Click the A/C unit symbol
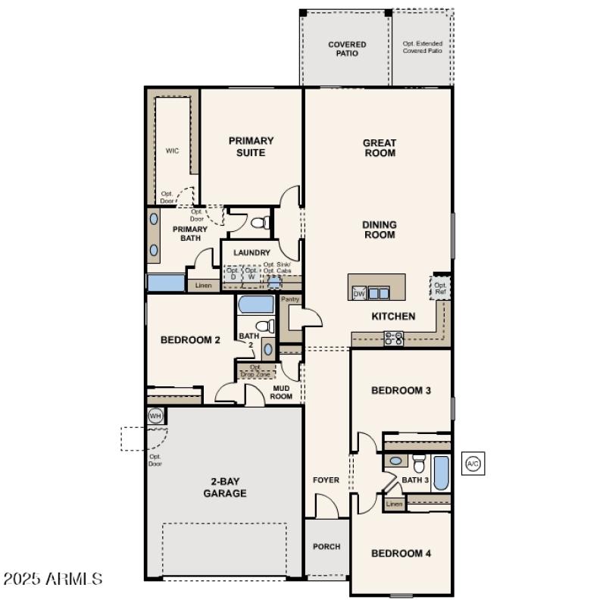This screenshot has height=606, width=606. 473,463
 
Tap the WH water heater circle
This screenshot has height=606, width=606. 155,416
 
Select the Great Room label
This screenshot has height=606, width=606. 380,148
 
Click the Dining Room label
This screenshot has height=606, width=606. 380,230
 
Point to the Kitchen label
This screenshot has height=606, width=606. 393,316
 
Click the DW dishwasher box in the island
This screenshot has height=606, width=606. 359,293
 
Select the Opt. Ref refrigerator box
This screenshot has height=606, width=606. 440,289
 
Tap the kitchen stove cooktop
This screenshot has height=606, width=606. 393,339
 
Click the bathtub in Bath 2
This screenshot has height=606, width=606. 256,306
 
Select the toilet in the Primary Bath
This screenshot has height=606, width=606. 261,223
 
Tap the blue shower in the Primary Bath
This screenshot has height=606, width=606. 166,283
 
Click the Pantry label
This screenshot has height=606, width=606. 290,299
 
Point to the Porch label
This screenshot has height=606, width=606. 326,546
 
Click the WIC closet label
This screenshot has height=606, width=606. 173,151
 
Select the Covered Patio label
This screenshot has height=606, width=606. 347,49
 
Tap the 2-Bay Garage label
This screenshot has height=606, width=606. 225,487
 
